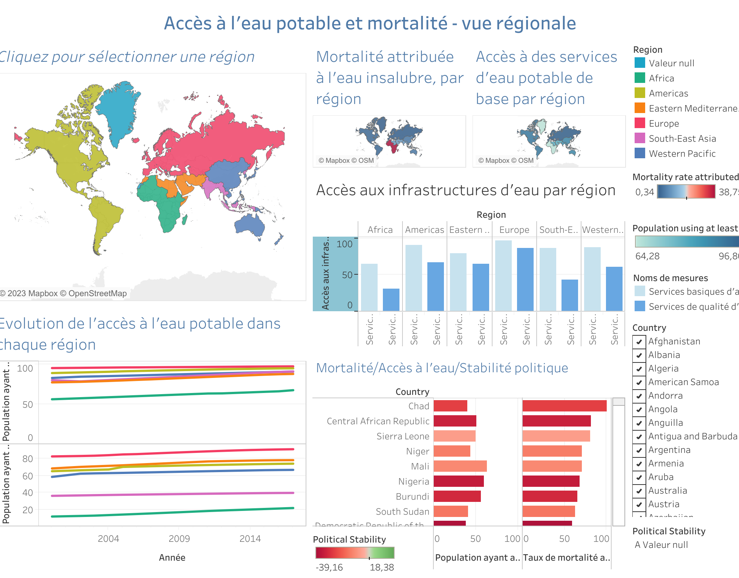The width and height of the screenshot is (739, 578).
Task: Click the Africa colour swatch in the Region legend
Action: coord(640,78)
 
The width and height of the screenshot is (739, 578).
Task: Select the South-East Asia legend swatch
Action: coord(640,138)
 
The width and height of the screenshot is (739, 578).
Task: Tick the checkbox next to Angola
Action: coord(639,409)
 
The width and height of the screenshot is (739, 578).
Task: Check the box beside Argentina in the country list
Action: coord(639,450)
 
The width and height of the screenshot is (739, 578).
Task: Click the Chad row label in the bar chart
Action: coord(419,406)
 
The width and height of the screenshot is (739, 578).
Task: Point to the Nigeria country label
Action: coord(414,481)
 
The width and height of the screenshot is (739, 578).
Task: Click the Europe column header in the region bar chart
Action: coord(514,229)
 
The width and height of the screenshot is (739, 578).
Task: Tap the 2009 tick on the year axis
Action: coord(179,538)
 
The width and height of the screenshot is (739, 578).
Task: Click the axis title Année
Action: coord(172,557)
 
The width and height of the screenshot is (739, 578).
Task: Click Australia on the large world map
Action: coord(249,224)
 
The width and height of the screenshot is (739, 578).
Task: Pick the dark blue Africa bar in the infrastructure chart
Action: coord(391,300)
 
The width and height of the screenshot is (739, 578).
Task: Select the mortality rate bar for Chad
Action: coord(564,406)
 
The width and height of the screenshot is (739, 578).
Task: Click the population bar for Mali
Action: coord(460,466)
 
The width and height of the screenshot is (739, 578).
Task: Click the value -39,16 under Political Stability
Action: coord(329,567)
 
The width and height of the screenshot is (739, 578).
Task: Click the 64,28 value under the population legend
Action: coord(647,256)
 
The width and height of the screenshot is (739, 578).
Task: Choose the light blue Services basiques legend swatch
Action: coord(640,291)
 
